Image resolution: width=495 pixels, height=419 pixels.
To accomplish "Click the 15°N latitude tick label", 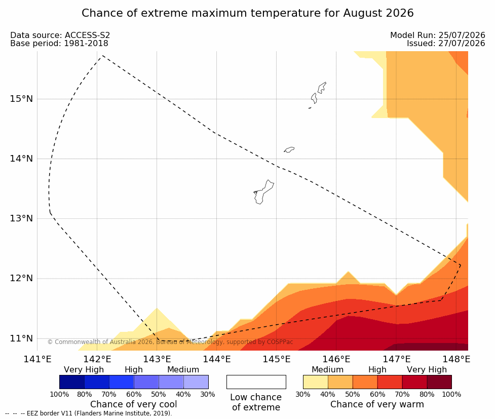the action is click(x=21, y=99).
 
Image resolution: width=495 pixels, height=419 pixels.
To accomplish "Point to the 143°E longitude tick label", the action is click(x=157, y=359).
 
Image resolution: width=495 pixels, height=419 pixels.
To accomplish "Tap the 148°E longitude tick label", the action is click(x=456, y=359).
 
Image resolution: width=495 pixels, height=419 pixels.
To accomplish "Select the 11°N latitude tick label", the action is click(x=21, y=338).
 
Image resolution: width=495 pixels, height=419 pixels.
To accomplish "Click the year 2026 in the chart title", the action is click(x=399, y=13).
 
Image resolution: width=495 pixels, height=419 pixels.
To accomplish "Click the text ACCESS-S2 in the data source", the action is click(x=87, y=35).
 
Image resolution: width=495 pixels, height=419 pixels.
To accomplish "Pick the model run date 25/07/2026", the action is click(x=462, y=35).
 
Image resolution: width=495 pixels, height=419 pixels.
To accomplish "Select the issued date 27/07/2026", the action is click(x=462, y=43).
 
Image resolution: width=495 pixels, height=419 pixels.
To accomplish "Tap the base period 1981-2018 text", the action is click(x=86, y=43).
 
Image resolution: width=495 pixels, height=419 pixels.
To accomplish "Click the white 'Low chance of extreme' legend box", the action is click(x=256, y=382).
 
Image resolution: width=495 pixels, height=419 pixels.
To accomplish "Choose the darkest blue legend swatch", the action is click(x=71, y=382).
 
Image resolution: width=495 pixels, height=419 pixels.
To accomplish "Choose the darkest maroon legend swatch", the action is click(x=439, y=382).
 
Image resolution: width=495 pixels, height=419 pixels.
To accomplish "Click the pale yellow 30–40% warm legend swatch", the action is click(x=315, y=382).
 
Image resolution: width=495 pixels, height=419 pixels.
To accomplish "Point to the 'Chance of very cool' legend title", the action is click(x=134, y=404).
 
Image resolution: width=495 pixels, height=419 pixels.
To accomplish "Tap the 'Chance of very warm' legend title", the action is click(x=377, y=404).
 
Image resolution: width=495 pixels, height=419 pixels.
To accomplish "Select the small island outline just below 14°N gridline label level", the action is click(x=289, y=149).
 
